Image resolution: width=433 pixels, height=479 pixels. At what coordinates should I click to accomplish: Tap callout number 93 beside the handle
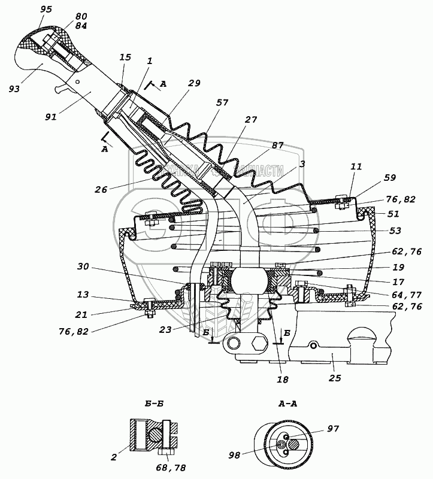(x=14, y=89)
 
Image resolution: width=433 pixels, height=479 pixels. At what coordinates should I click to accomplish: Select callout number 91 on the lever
(x=50, y=117)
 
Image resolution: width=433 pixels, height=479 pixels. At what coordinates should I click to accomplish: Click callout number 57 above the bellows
(x=222, y=103)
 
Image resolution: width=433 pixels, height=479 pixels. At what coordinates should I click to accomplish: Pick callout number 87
(x=278, y=145)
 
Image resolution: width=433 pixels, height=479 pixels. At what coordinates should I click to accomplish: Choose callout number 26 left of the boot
(x=102, y=190)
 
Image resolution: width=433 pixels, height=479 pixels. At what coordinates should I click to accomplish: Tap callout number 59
(x=390, y=177)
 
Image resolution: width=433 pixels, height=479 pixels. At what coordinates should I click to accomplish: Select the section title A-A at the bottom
(x=287, y=404)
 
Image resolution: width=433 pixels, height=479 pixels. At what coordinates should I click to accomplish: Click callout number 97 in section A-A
(x=332, y=429)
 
